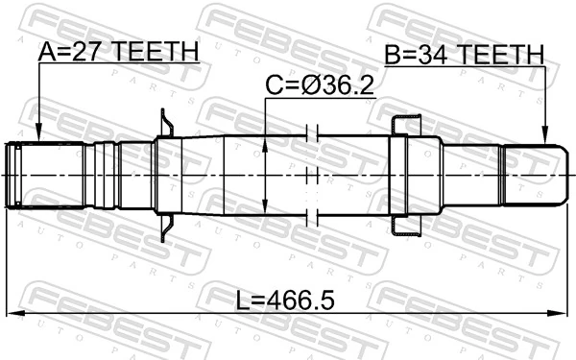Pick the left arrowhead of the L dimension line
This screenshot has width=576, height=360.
(x=13, y=314)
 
